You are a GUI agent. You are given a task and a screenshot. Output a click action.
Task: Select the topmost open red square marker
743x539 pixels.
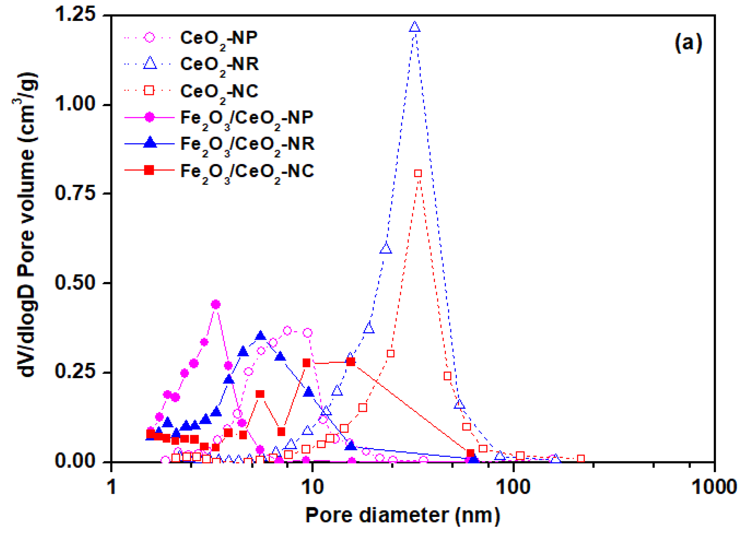(418, 174)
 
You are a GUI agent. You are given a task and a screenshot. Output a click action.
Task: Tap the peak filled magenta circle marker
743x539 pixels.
(216, 304)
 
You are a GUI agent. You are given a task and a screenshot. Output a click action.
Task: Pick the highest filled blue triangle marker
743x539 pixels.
(261, 336)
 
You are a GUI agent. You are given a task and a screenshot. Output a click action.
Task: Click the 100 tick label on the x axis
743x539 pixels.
(513, 487)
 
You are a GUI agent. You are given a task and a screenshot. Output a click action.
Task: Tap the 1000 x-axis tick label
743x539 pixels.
(714, 487)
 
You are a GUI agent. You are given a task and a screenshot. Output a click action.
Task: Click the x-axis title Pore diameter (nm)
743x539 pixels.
(402, 516)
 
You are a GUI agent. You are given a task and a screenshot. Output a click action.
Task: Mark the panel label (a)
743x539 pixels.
(688, 43)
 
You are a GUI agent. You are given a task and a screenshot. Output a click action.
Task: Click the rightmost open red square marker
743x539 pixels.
(581, 458)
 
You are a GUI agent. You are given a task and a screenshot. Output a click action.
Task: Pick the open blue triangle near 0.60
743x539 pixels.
(386, 248)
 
